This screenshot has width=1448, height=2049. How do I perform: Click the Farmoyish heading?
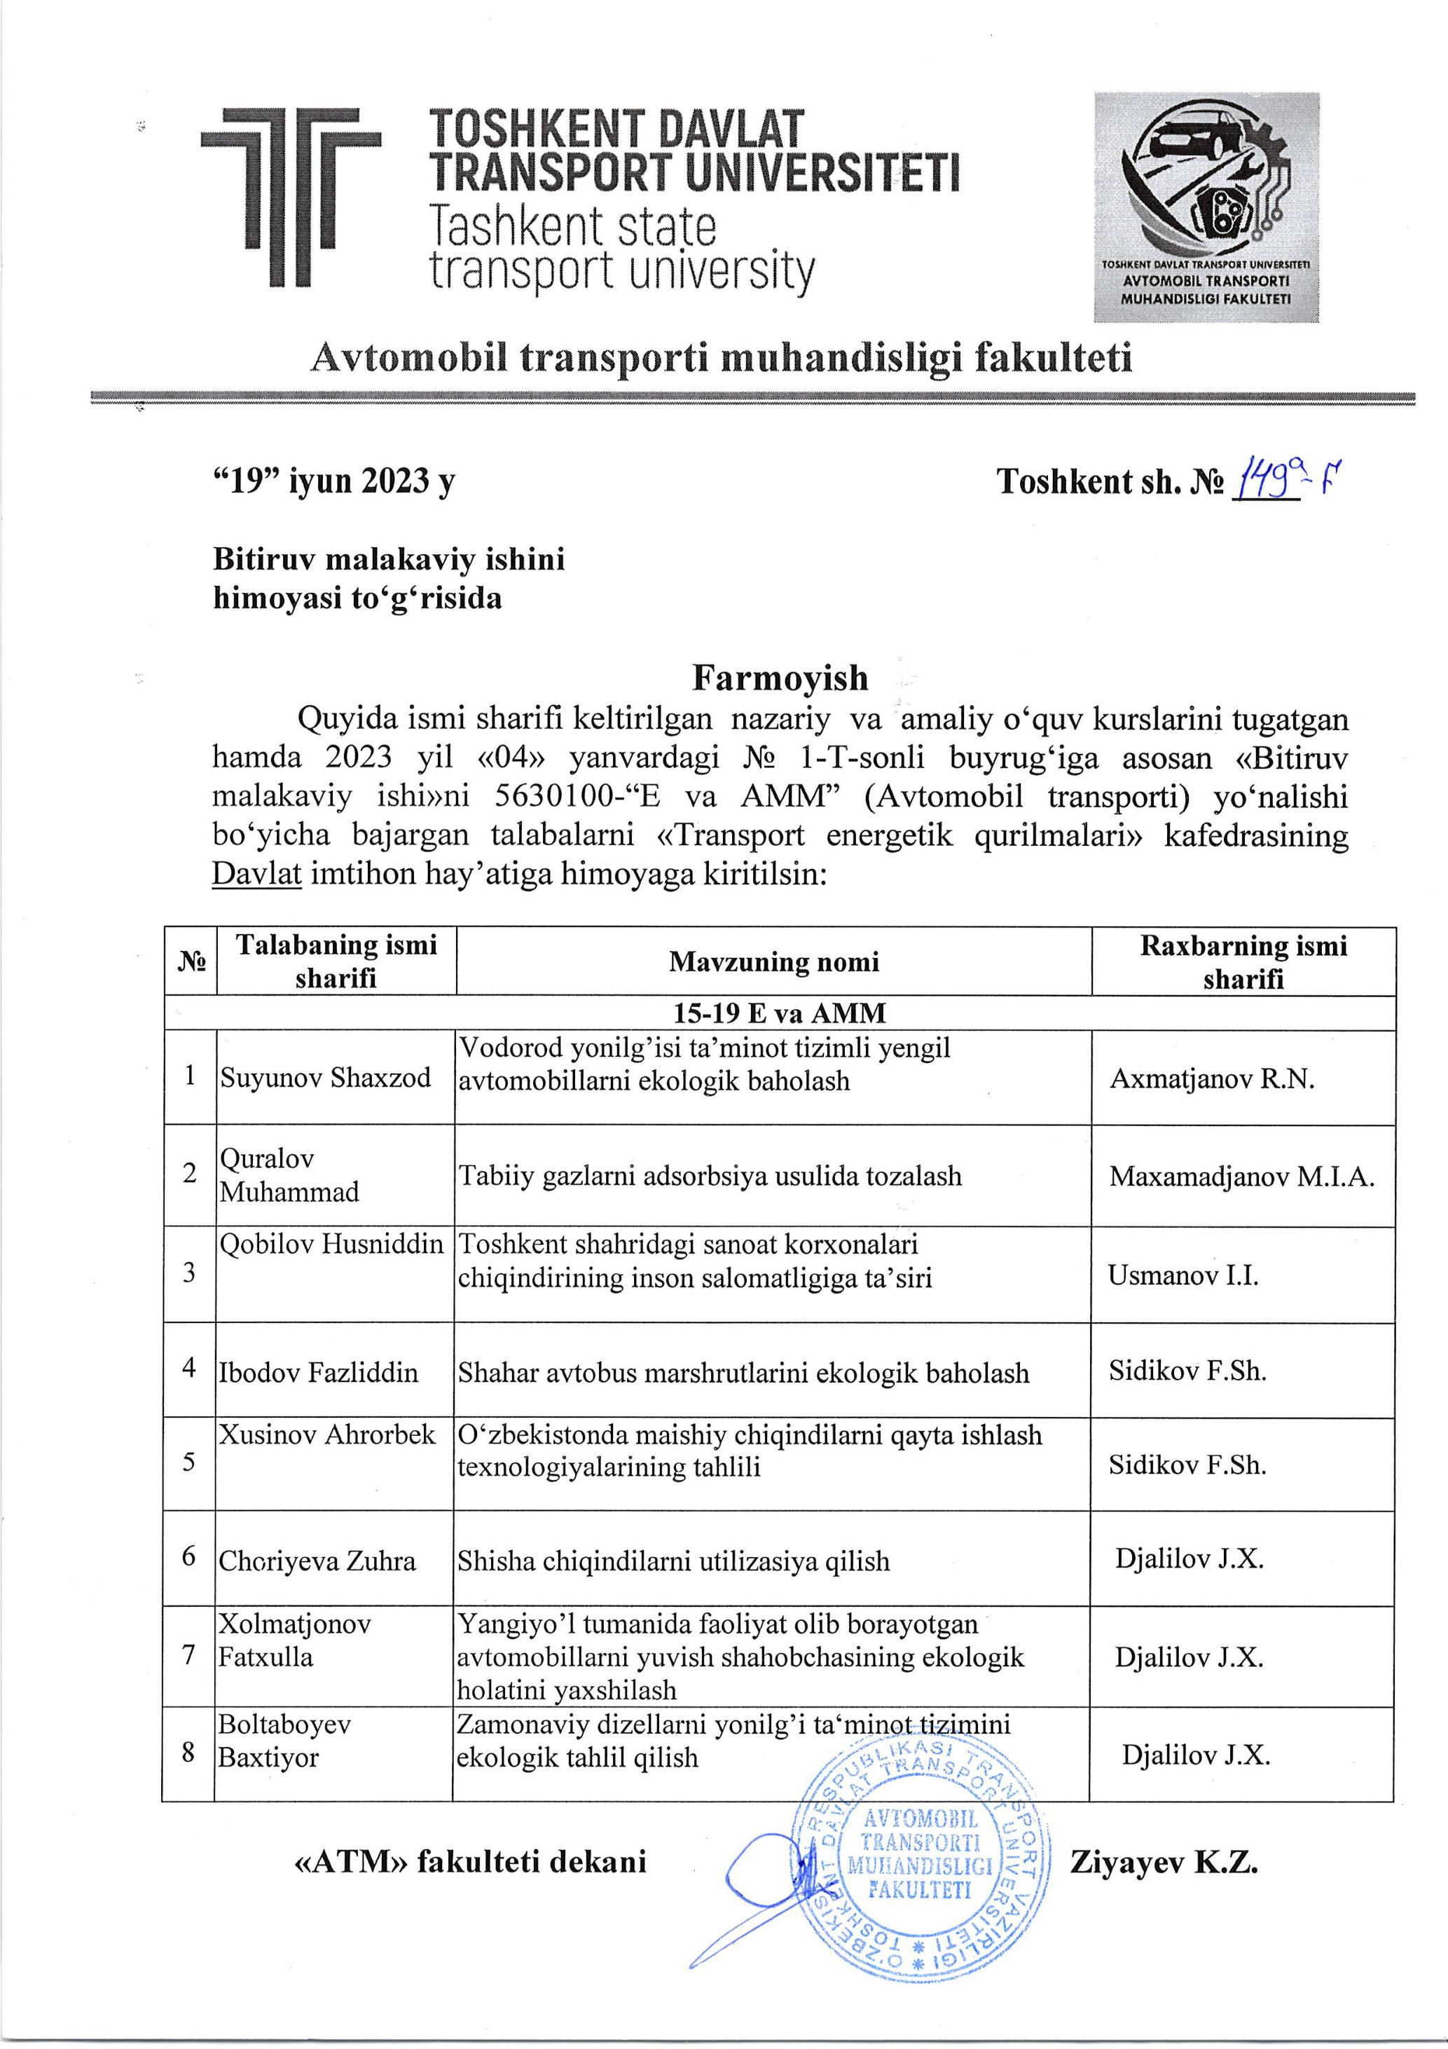780,678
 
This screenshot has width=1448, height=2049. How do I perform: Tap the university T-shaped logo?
291,195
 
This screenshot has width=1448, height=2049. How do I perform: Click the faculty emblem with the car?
1206,206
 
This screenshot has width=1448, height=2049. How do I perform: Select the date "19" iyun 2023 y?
333,482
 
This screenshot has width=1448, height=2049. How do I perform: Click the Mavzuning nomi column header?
773,961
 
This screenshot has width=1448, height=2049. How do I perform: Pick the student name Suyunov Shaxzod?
326,1077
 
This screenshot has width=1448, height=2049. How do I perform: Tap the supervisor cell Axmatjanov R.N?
1212,1079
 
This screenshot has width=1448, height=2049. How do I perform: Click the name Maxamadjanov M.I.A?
1241,1176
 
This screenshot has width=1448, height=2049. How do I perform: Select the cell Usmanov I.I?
1183,1275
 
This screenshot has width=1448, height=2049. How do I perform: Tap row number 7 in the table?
188,1655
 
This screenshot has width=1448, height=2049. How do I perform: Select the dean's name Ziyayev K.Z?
1164,1863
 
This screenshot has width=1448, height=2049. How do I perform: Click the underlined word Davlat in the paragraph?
257,874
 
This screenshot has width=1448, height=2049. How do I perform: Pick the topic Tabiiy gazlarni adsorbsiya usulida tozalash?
710,1176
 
